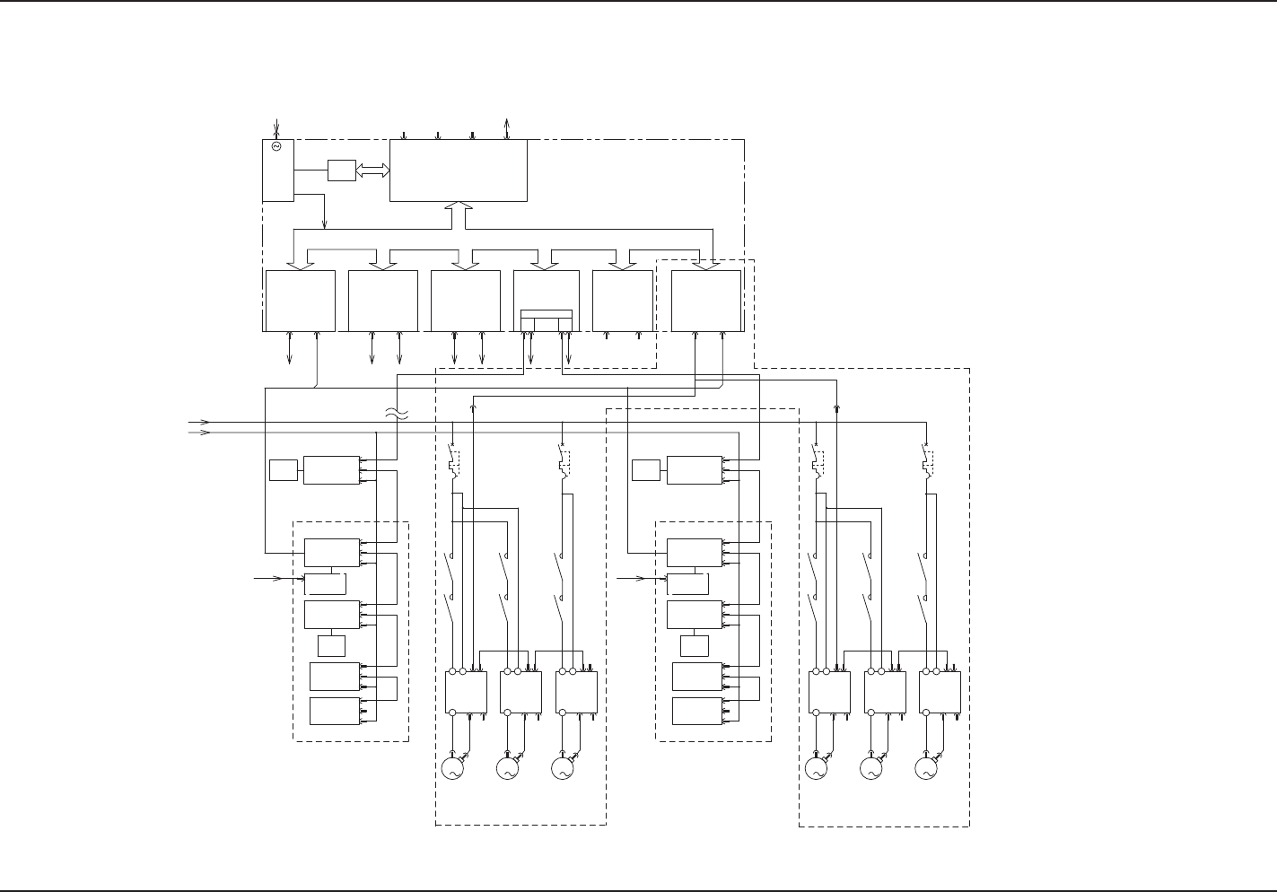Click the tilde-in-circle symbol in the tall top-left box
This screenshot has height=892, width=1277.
point(276,146)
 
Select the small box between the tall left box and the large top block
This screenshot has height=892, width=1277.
point(342,170)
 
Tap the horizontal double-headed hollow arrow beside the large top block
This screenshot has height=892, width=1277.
point(372,170)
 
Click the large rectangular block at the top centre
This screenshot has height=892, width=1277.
point(458,171)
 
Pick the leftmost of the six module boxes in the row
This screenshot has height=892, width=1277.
point(300,301)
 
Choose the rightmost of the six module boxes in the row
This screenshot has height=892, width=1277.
point(706,301)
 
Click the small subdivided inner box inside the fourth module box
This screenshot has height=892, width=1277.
point(546,319)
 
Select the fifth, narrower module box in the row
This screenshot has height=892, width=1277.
point(623,301)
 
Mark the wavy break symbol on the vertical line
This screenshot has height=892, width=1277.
point(396,414)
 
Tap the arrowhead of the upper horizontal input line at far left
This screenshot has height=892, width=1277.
point(205,421)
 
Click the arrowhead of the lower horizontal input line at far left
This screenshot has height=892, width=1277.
point(205,432)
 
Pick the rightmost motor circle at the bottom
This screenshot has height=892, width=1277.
point(925,768)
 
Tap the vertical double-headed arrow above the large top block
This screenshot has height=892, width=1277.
point(507,127)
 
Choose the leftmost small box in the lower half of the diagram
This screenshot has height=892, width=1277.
point(284,469)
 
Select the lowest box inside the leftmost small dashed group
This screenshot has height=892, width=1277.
point(336,710)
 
